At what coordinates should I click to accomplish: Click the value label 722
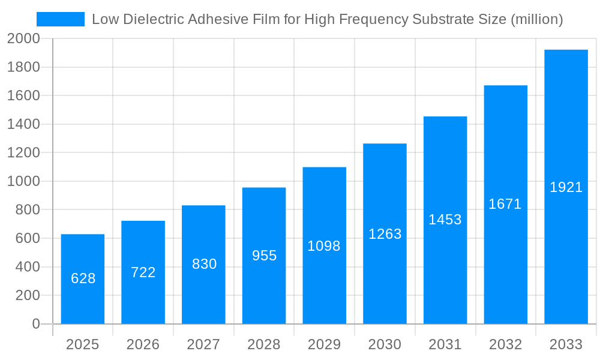click(143, 272)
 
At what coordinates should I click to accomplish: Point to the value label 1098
click(324, 246)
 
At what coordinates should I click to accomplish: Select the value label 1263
click(385, 234)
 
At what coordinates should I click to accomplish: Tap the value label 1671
click(505, 204)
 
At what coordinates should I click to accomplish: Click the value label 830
click(204, 264)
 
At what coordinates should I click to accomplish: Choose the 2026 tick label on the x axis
click(143, 344)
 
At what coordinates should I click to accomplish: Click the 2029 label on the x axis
click(324, 344)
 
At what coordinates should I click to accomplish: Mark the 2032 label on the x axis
click(505, 344)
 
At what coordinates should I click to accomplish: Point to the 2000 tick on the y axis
click(23, 39)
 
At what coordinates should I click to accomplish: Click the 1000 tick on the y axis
click(23, 181)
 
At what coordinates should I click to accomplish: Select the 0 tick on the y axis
click(35, 324)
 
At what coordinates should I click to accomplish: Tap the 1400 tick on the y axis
click(23, 124)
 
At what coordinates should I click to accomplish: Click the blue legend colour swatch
click(61, 19)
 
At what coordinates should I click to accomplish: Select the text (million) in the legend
click(536, 19)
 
